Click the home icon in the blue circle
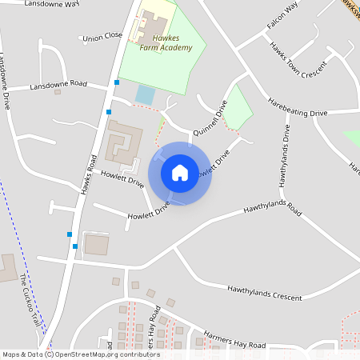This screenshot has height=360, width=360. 179,172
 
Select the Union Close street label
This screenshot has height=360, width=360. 102,36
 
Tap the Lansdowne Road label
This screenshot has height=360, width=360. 58,85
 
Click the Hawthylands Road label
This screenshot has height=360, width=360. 273,210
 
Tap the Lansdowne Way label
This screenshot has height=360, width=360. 52,4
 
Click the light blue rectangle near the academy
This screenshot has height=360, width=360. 145,94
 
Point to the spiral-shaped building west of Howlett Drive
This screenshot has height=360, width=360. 123,144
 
